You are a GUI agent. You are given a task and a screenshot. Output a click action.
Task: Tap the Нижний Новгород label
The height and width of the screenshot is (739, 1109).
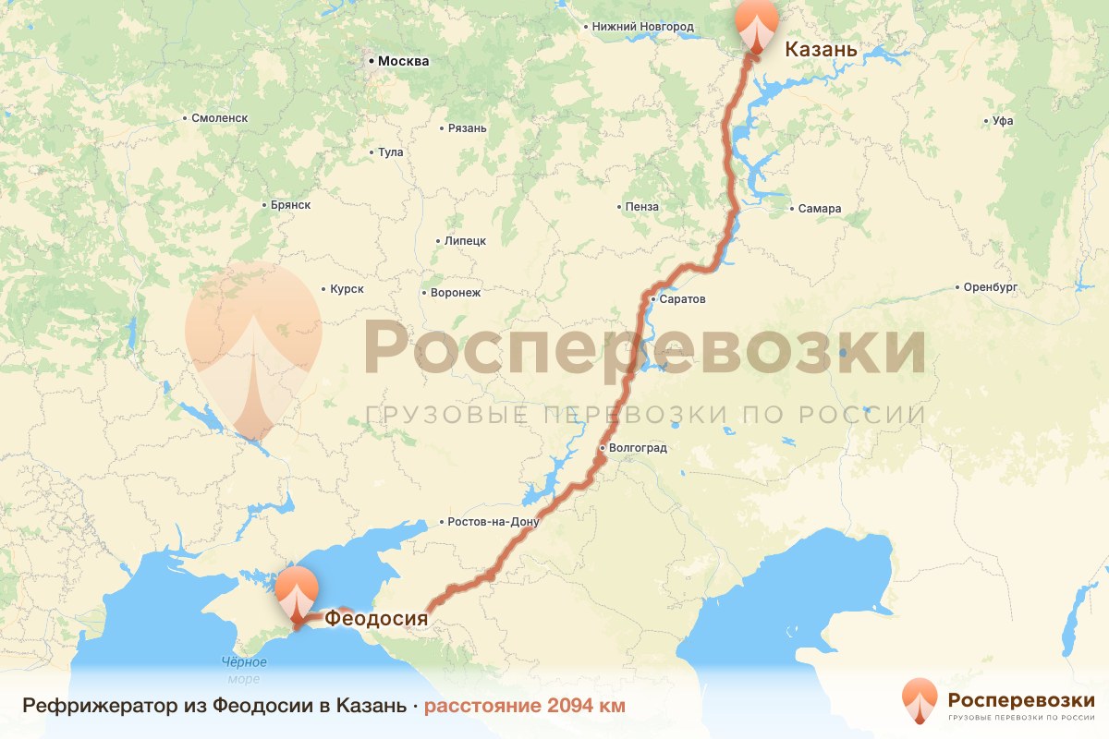(x=643, y=27)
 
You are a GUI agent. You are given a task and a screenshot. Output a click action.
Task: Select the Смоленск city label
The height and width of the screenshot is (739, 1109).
(x=220, y=118)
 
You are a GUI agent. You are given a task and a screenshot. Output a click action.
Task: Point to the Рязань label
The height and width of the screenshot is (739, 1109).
(x=466, y=128)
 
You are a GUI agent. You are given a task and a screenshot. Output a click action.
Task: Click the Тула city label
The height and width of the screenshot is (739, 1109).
(x=390, y=152)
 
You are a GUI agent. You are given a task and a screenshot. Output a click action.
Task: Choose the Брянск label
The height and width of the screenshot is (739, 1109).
(x=290, y=205)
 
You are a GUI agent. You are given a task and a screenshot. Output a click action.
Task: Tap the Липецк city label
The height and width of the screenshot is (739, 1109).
(x=465, y=240)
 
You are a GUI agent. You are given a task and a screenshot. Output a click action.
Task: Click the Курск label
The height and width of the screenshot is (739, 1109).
(x=347, y=289)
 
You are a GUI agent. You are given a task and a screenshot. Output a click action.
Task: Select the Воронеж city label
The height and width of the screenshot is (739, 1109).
(x=456, y=293)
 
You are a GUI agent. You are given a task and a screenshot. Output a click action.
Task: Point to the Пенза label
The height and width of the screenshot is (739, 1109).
(x=641, y=207)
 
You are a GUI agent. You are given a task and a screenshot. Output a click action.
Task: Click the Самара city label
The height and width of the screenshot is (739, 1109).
(x=820, y=209)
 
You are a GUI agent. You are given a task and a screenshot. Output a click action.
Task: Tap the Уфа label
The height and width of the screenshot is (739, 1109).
(x=1003, y=121)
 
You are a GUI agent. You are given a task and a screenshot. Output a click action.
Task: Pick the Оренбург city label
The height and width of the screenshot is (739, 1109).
(x=990, y=287)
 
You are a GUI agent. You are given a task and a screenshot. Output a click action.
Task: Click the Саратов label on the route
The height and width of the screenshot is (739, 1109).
(x=683, y=299)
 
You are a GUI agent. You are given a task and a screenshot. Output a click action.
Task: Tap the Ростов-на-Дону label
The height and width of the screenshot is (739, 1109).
(x=492, y=522)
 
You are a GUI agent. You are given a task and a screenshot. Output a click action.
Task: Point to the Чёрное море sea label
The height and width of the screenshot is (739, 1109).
(x=244, y=671)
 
